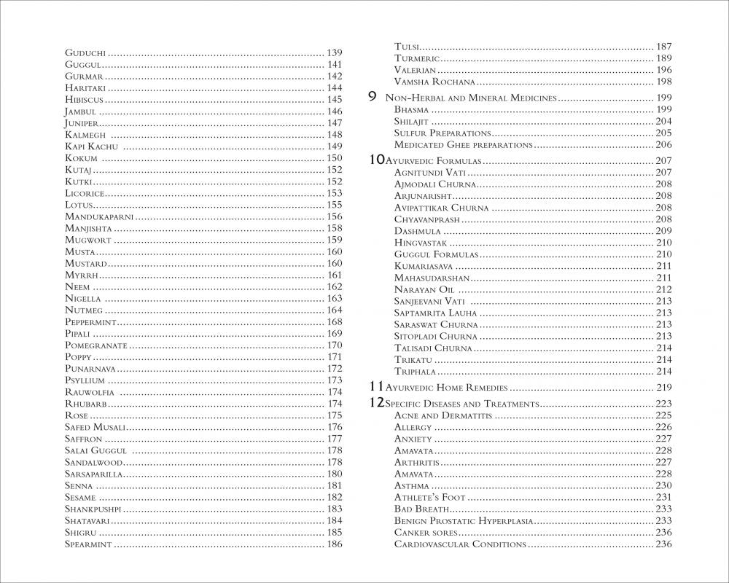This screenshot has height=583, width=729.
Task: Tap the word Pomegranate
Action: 96,345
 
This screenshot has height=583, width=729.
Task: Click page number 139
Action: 335,53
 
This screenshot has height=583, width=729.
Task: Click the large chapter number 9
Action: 373,97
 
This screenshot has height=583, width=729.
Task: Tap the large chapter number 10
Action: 376,160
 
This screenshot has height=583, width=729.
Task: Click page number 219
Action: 663,388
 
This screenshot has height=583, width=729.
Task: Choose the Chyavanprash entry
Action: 426,219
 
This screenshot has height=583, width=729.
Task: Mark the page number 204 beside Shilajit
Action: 663,121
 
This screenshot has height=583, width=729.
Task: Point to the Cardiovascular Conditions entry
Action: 459,544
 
